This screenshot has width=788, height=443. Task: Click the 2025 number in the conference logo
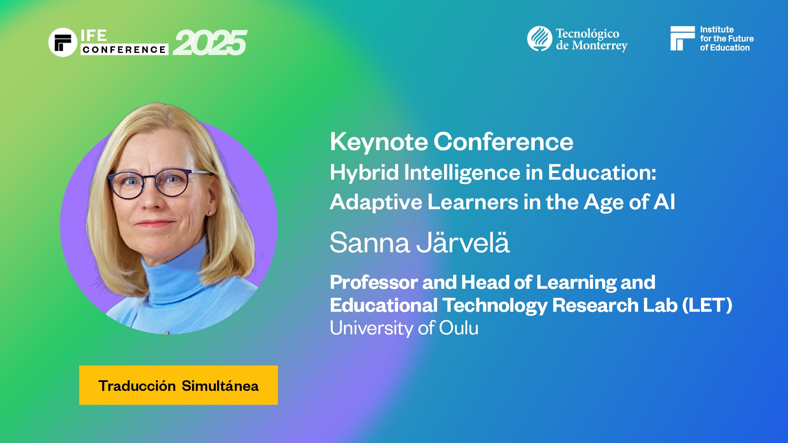pos(210,43)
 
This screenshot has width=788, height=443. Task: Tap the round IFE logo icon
pos(63,42)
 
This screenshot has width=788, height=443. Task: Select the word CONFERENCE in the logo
pos(124,50)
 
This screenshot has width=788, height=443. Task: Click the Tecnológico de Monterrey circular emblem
pos(539,39)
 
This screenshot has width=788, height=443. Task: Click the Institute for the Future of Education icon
pos(682,39)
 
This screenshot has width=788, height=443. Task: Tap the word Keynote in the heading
pos(379,142)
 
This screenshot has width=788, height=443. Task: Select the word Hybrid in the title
pos(364,172)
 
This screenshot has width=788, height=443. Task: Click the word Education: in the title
pos(602,172)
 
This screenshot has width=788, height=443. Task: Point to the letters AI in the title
pos(664,202)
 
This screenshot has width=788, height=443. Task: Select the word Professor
pos(373,282)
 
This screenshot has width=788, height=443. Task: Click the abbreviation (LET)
pos(707,305)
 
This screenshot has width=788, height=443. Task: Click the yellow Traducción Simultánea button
pos(178,385)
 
